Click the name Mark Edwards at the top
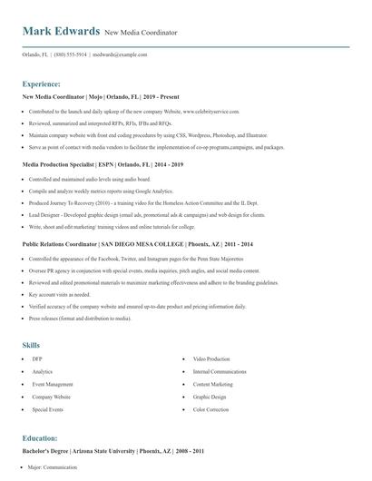coord(61,32)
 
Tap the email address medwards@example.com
coord(121,54)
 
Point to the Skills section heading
coord(31,345)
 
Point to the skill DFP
coord(37,359)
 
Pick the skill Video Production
coord(211,359)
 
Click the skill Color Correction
coord(212,409)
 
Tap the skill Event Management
coord(52,385)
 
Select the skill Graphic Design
coord(210,397)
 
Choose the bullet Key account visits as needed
coord(60,295)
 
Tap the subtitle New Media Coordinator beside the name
coord(141,33)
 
